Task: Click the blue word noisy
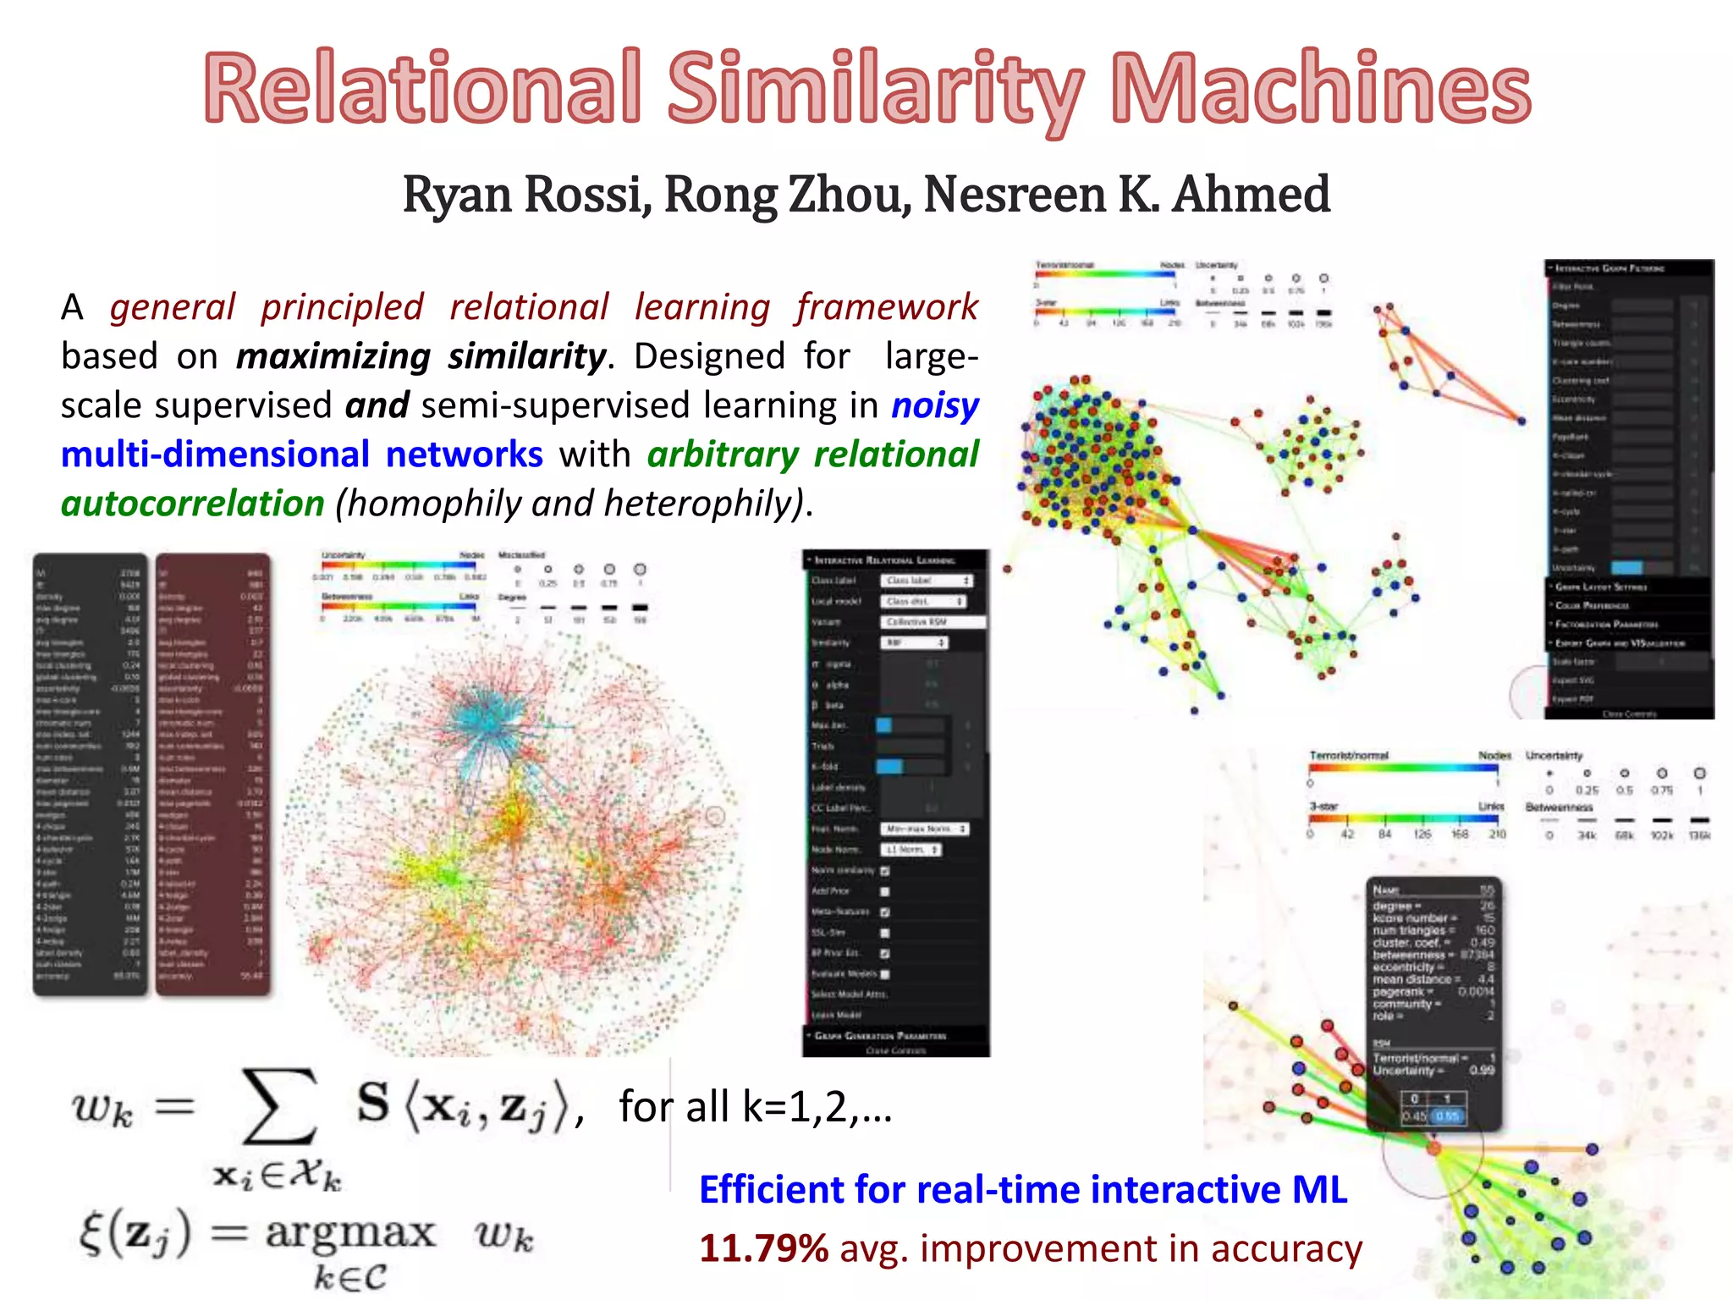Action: coord(935,406)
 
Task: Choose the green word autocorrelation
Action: coord(193,504)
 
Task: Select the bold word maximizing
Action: coord(333,357)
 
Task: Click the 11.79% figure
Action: coord(763,1249)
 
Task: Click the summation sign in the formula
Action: coord(279,1105)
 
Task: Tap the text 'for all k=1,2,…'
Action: coord(755,1107)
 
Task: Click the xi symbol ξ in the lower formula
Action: coord(91,1234)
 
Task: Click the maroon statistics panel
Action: coord(213,774)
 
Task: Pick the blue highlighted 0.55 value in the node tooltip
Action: coord(1448,1116)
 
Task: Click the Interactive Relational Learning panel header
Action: coord(895,560)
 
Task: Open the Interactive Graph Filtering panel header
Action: coord(1628,268)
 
